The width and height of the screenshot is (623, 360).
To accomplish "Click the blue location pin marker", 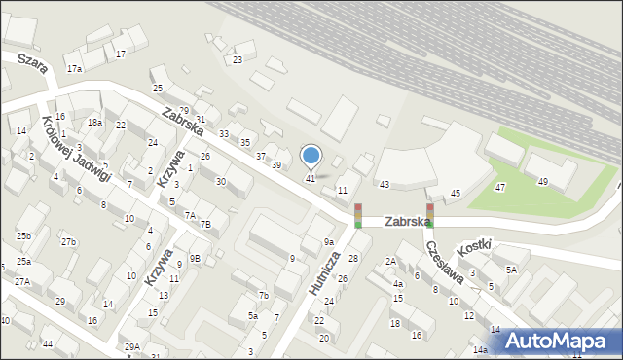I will (x=311, y=156).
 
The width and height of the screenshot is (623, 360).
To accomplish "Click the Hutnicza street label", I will (x=326, y=275).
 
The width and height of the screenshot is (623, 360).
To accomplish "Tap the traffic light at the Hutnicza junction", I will (x=358, y=216).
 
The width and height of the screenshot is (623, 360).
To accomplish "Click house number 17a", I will (x=74, y=68).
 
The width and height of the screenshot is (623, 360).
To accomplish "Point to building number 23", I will (x=238, y=60).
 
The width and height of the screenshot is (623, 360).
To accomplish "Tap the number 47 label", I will (x=499, y=187).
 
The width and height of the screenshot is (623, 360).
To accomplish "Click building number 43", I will (x=385, y=184).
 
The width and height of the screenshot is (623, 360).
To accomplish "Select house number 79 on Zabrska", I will (x=184, y=110).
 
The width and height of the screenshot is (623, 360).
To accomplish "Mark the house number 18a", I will (x=94, y=122).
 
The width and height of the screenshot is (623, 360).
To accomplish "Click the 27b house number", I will (x=68, y=241).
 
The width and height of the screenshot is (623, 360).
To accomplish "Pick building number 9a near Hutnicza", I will (x=329, y=241).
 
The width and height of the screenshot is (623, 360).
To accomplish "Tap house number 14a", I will (x=479, y=349).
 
